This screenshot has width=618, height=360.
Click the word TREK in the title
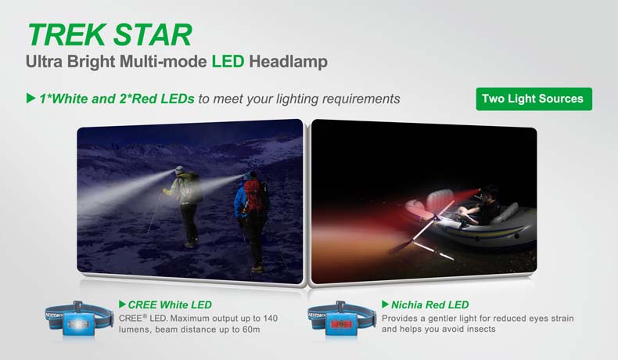pos(66,34)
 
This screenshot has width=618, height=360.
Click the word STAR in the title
pos(153,34)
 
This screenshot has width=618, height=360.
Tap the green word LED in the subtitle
pos(228,62)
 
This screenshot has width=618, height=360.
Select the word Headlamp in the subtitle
pos(288,62)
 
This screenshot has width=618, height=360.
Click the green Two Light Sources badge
pos(534,99)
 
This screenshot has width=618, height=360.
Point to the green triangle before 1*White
pos(31,98)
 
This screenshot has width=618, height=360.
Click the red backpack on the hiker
pos(253,193)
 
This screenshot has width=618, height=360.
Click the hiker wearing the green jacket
pos(185,206)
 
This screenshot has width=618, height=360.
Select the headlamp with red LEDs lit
pos(340,319)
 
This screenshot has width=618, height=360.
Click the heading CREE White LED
pos(170,304)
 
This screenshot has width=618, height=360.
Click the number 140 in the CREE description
pos(270,319)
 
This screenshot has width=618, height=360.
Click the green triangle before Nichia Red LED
pos(386,304)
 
